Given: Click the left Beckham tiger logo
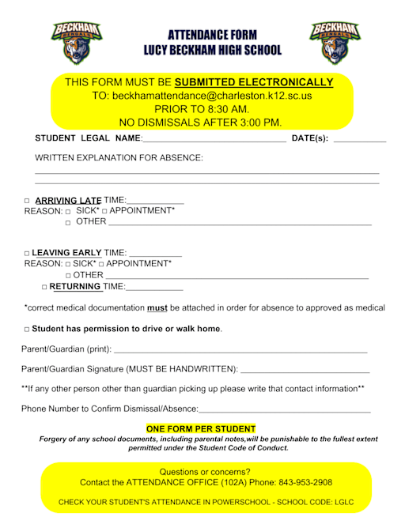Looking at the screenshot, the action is (76, 42).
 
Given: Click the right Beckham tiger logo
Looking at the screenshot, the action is (334, 42).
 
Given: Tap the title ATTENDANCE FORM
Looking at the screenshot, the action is (212, 36).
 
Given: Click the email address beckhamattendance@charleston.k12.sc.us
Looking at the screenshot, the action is (212, 96).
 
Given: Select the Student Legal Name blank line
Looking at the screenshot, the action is (214, 140).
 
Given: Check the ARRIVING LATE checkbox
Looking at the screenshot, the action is (27, 201).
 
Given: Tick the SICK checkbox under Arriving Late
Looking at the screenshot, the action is (68, 212).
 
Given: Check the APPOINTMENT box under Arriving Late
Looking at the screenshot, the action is (104, 212).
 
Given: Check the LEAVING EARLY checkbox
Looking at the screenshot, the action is (27, 253).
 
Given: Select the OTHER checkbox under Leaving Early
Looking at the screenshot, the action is (68, 275).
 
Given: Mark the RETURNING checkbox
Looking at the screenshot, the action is (44, 287).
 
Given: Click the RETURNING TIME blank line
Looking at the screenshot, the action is (154, 288).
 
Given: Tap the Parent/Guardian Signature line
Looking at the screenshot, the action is (305, 370).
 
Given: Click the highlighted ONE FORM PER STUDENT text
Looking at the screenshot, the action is (201, 428).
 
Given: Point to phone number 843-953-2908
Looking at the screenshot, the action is (305, 482).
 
